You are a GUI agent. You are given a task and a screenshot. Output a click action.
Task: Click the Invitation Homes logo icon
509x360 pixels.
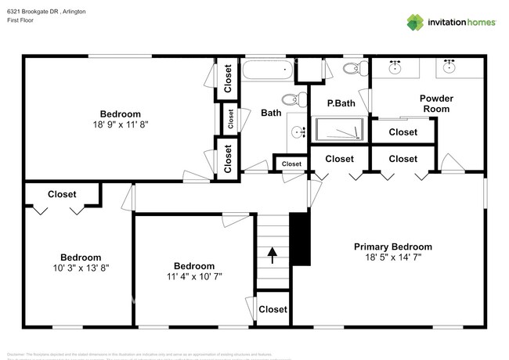(415, 22)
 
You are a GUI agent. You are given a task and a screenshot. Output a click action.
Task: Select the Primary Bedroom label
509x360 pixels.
(403, 247)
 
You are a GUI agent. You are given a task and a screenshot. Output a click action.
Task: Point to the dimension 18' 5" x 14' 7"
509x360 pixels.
(403, 257)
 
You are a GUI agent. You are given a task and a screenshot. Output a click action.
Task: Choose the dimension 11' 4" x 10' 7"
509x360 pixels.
(194, 276)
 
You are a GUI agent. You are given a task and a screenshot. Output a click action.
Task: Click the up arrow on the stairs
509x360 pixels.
(273, 254)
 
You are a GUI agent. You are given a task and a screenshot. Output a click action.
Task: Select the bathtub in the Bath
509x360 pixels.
(266, 70)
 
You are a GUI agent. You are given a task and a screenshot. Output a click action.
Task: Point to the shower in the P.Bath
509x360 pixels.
(339, 128)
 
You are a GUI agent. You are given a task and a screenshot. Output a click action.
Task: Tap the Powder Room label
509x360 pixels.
(436, 103)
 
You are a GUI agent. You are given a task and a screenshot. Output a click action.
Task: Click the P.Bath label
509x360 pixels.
(341, 103)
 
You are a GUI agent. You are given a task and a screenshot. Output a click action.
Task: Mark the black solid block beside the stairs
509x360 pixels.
(301, 239)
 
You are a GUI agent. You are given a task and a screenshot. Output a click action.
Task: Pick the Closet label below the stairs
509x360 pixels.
(273, 309)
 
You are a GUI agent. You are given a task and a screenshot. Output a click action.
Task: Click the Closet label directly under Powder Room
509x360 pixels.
(403, 132)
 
